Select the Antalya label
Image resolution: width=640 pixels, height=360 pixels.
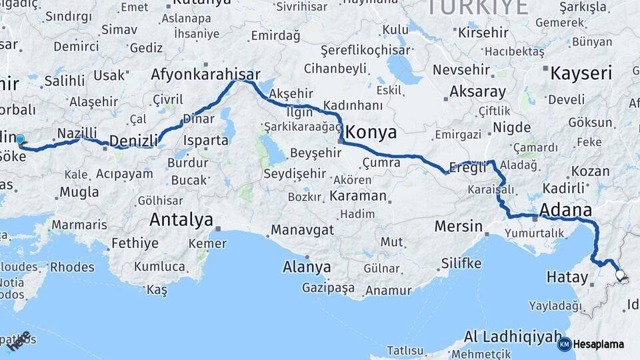tap(181, 219)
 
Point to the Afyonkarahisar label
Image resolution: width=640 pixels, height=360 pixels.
tap(205, 73)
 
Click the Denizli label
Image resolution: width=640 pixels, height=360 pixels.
tap(133, 140)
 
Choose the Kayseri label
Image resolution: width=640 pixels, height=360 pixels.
tap(581, 73)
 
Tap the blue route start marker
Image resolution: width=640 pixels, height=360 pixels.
tap(20, 140)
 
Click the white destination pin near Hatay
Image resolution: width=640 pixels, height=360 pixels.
tap(621, 275)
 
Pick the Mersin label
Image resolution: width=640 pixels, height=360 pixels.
tap(458, 226)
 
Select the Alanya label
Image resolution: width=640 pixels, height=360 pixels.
tap(307, 267)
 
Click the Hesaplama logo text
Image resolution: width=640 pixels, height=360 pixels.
tap(598, 344)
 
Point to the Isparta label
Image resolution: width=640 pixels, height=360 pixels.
tap(207, 141)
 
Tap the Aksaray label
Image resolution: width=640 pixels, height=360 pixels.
tap(477, 91)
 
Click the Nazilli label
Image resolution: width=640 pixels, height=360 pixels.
tap(77, 133)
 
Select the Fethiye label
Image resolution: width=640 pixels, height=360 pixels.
tap(135, 243)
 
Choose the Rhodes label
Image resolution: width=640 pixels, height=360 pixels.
tap(72, 267)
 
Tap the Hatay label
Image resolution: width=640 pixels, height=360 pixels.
tap(567, 277)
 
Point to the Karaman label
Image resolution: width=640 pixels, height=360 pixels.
tap(358, 196)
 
